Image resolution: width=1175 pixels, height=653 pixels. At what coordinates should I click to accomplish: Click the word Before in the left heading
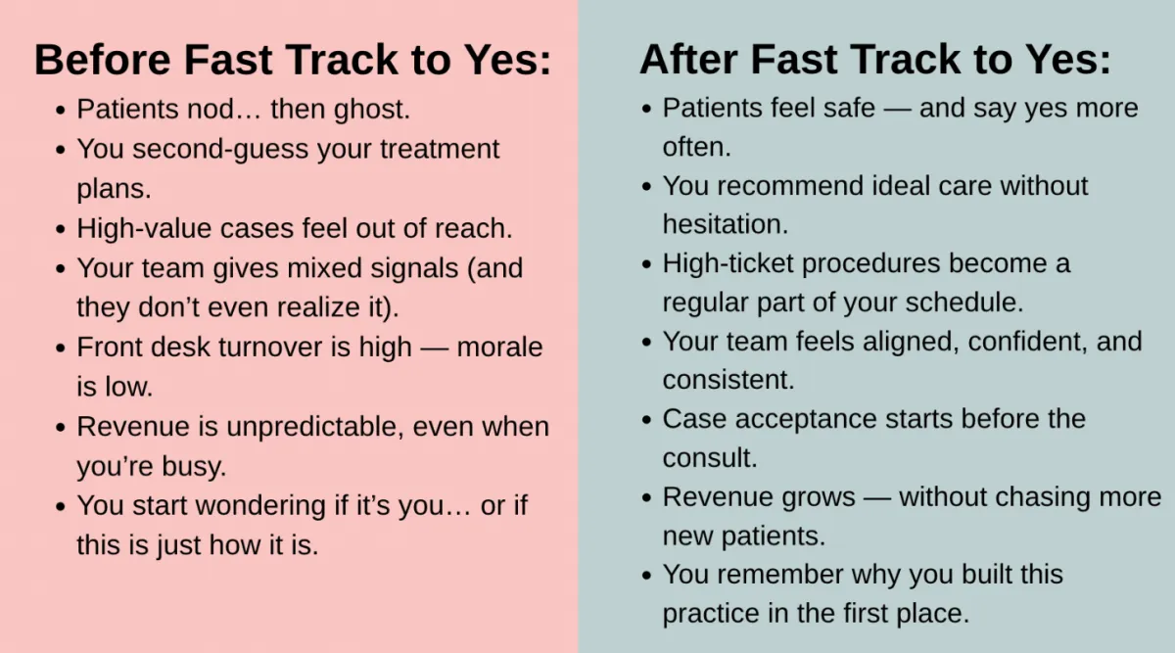click(102, 60)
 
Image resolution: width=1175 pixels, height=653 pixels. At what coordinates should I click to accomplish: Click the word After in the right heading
click(688, 60)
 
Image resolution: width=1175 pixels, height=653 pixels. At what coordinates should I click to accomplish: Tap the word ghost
click(372, 110)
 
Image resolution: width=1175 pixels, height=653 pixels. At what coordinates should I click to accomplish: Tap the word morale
click(499, 348)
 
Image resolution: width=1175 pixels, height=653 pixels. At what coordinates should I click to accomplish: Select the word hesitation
click(726, 224)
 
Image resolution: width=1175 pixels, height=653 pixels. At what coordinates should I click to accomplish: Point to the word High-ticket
click(728, 264)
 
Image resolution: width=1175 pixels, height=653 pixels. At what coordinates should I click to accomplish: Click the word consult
click(710, 458)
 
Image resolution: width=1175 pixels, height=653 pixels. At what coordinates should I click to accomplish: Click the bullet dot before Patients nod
click(61, 111)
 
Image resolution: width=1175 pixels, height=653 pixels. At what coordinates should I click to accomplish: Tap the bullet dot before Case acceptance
click(646, 420)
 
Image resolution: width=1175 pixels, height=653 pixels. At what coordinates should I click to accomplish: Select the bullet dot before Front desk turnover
click(61, 349)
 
